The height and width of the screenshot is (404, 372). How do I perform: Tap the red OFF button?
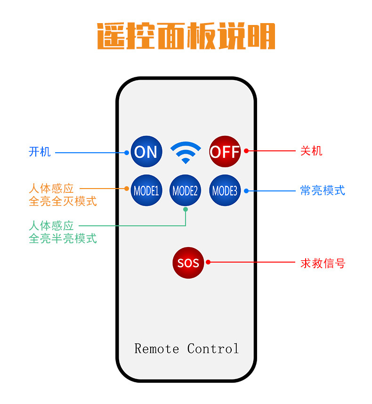coord(225,151)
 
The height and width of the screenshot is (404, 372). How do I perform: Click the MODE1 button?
coord(146,190)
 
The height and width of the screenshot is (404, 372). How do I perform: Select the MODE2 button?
coord(185,190)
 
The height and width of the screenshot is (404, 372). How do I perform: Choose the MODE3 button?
coord(225,190)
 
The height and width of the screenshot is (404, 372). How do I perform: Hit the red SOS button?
coord(188,263)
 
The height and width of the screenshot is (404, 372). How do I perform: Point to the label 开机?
coord(40,152)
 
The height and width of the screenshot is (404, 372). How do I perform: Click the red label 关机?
coord(311,151)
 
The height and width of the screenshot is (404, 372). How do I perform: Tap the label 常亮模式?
coord(323,190)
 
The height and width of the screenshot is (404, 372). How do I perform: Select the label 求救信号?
coord(323,263)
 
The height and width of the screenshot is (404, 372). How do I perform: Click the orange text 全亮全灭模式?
coord(63,201)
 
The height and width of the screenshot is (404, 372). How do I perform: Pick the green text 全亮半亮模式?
coord(63,239)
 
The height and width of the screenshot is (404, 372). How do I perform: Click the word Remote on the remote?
coord(157,349)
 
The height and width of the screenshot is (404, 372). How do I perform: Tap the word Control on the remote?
coord(213,349)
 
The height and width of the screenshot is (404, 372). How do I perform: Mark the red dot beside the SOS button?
coord(208,262)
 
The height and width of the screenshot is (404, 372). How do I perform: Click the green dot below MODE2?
coord(186,209)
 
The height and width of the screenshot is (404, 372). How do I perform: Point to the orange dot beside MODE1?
coord(127,189)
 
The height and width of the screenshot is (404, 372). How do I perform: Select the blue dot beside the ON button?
coord(127,152)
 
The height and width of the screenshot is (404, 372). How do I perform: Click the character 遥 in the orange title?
coord(111,36)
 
